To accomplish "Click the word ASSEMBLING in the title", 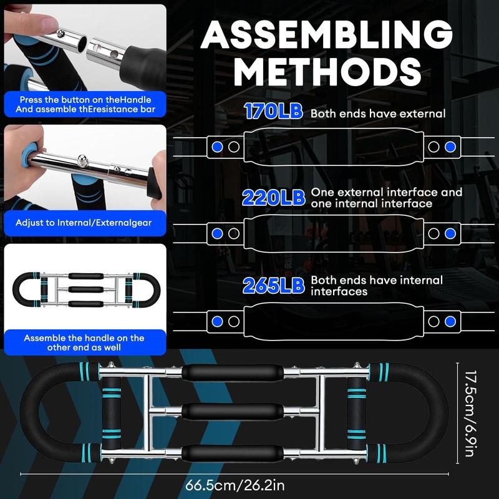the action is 326,35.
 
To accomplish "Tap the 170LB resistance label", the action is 274,112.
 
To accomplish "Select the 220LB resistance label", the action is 274,198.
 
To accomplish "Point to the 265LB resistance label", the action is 274,286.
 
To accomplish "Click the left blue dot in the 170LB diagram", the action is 217,147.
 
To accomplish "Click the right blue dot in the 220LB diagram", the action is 450,233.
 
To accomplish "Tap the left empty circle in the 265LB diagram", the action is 234,321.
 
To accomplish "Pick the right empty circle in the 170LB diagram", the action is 434,147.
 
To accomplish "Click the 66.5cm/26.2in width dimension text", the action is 235,486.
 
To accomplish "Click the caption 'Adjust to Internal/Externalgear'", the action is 84,223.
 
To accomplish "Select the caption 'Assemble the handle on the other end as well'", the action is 84,342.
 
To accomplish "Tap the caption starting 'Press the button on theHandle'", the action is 85,104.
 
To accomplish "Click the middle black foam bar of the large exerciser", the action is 232,412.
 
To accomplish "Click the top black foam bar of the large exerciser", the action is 232,372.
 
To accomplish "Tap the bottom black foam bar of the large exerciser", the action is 232,453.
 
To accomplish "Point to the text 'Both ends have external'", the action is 378,114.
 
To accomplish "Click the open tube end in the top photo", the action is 82,43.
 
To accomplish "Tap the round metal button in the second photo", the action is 82,160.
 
